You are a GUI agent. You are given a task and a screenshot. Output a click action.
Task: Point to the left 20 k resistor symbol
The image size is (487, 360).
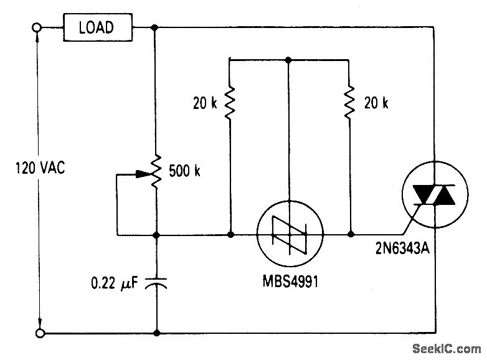tap(230, 103)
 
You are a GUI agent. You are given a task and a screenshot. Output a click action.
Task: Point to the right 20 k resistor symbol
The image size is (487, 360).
tap(350, 103)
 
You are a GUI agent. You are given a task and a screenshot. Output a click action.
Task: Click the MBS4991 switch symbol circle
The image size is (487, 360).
tap(288, 235)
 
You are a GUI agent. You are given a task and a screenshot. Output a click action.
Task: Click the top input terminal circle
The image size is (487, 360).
tap(37, 27)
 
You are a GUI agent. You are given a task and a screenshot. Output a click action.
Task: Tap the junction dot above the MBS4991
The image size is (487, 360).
tap(288, 60)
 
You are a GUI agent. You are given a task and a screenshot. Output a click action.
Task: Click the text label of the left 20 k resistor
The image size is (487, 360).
tap(205, 103)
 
